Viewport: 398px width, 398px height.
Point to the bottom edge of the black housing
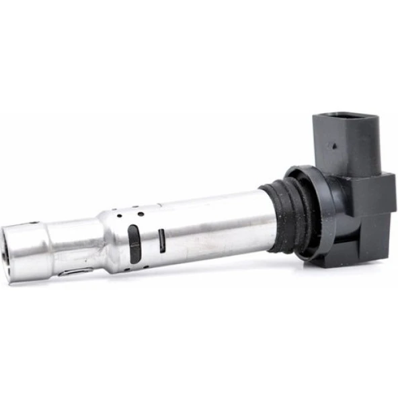(x=350, y=264)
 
